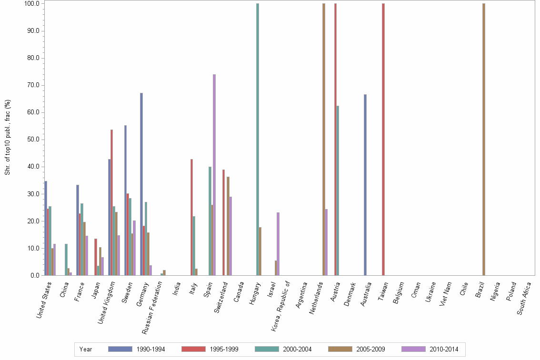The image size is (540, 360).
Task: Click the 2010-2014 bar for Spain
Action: (x=214, y=175)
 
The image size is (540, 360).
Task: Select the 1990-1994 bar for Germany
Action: (x=141, y=184)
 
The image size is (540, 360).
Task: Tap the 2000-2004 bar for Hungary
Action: (x=258, y=140)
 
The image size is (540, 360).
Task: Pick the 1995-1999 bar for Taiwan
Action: (x=383, y=140)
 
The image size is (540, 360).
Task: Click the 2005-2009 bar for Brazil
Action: (x=484, y=140)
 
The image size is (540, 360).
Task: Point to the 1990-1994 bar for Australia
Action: (x=365, y=185)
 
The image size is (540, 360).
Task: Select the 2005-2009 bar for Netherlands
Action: (x=324, y=140)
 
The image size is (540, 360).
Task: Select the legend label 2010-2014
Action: (x=444, y=349)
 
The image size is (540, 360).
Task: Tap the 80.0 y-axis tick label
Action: (x=33, y=58)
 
